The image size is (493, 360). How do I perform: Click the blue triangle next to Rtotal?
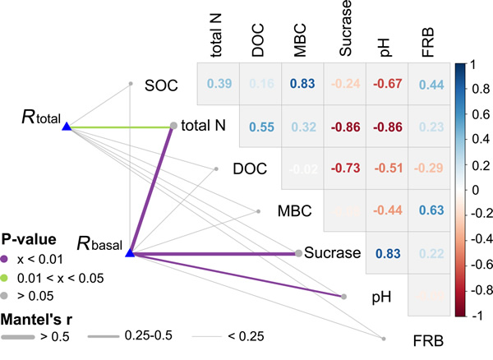coord(67,127)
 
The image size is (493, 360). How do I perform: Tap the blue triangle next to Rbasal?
coord(129,253)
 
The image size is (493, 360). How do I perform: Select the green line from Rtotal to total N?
coord(120,127)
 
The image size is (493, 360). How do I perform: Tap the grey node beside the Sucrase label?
coord(298,253)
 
